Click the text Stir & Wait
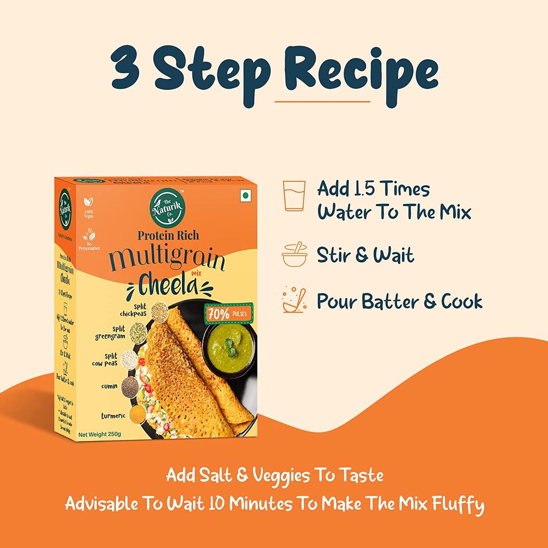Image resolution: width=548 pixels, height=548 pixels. pos(366,255)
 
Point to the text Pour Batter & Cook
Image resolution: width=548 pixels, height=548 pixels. pos(399,301)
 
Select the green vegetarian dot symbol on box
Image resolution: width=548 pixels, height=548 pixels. pos(246,196)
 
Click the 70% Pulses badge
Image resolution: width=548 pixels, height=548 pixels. pos(225,313)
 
